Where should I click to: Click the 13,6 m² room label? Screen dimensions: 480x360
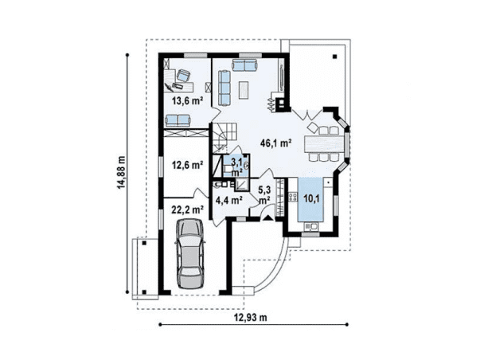[x=187, y=101]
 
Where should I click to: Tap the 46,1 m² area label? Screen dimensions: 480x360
[x=275, y=143]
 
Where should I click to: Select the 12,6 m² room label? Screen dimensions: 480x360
[x=187, y=166]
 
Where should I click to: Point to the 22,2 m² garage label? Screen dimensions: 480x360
[x=187, y=210]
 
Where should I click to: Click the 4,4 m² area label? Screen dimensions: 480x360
[x=229, y=201]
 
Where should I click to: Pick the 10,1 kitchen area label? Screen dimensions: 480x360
[x=311, y=199]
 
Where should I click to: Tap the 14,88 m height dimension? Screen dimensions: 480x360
[x=122, y=173]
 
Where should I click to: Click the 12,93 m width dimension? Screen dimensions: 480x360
[x=251, y=318]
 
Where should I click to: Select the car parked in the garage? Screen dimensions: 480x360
[x=190, y=253]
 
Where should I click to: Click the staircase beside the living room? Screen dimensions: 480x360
[x=224, y=137]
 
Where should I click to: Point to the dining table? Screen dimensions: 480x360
[x=325, y=143]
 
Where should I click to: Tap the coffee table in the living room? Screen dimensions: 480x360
[x=244, y=89]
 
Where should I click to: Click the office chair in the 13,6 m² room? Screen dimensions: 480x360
[x=183, y=76]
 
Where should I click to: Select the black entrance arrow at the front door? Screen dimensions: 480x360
[x=268, y=218]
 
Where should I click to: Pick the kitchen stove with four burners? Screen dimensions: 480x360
[x=293, y=197]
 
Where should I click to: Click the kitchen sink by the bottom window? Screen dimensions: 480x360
[x=310, y=227]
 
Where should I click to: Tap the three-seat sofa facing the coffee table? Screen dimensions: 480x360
[x=224, y=88]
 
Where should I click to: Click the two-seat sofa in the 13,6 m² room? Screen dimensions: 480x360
[x=178, y=120]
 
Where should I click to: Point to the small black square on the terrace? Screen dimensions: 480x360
[x=334, y=57]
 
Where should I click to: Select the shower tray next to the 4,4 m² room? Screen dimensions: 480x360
[x=242, y=185]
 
